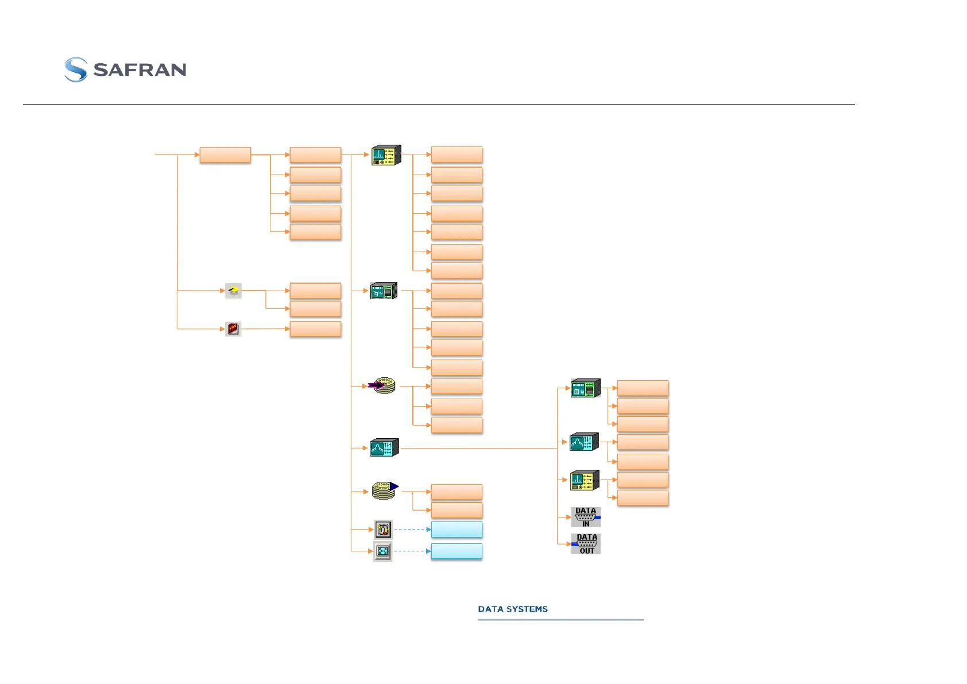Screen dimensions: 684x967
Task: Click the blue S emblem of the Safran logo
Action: pyautogui.click(x=76, y=69)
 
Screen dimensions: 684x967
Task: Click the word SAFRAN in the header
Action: pyautogui.click(x=140, y=70)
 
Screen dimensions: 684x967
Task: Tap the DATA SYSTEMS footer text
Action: pyautogui.click(x=513, y=609)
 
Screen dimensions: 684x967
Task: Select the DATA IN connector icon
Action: pyautogui.click(x=586, y=517)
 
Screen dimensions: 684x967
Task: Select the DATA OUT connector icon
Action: pyautogui.click(x=586, y=544)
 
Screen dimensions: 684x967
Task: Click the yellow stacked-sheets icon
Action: pyautogui.click(x=233, y=291)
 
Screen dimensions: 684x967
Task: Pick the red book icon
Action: pyautogui.click(x=233, y=329)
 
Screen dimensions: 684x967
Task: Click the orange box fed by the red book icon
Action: pyautogui.click(x=315, y=329)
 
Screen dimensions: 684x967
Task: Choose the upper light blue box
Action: pyautogui.click(x=457, y=530)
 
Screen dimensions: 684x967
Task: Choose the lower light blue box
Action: pyautogui.click(x=457, y=551)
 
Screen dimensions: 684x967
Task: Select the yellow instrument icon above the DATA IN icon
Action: pyautogui.click(x=585, y=480)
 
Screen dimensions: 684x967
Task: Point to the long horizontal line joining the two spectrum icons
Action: pyautogui.click(x=477, y=448)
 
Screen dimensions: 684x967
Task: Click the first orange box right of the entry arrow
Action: pyautogui.click(x=225, y=155)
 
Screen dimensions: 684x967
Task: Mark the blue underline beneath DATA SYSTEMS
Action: pyautogui.click(x=560, y=620)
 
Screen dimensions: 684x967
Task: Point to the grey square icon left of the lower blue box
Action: pyautogui.click(x=382, y=551)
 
